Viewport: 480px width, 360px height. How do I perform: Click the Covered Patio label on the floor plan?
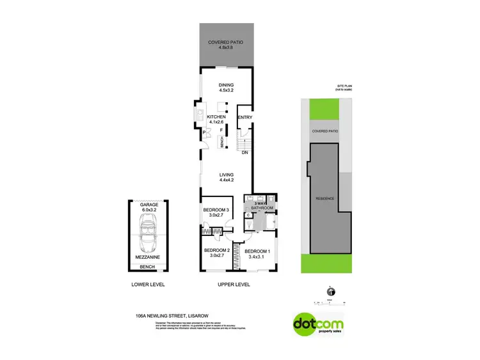225,46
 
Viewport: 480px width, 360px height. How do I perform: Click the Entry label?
244,118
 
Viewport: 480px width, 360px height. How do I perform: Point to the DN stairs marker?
244,152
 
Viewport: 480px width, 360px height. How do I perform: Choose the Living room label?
226,178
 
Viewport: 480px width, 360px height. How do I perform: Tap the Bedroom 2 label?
216,253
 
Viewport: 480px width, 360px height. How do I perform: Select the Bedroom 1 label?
258,253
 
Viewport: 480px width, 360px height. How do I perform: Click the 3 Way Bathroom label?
264,206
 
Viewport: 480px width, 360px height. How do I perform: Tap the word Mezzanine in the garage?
148,257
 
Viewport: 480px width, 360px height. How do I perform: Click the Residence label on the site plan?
324,199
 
